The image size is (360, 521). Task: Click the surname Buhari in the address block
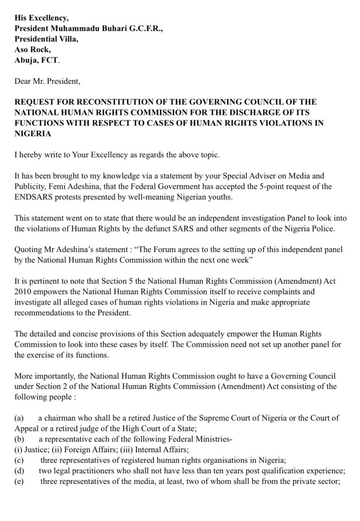(109, 29)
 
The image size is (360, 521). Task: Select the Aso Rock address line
(31, 50)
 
